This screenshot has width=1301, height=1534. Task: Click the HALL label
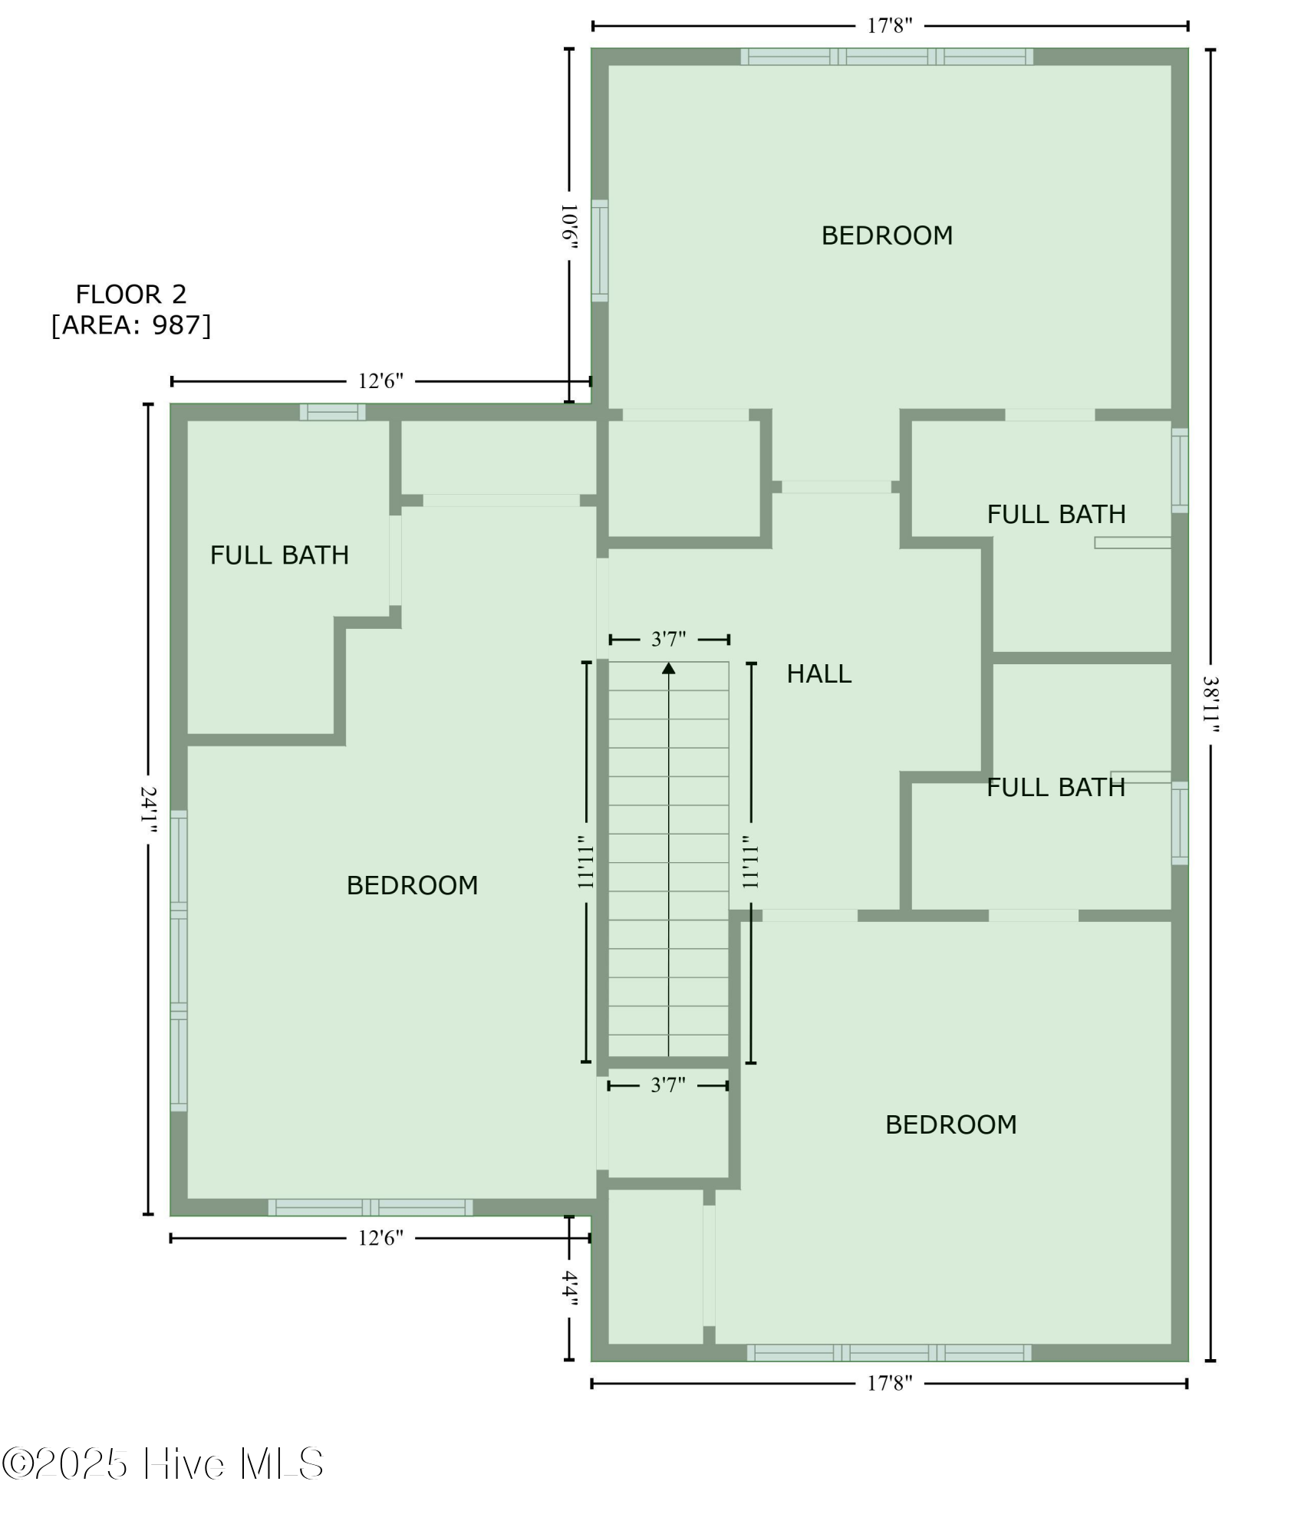tap(818, 674)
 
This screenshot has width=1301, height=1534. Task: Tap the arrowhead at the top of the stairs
tap(669, 667)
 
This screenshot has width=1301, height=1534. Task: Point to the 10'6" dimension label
tap(569, 226)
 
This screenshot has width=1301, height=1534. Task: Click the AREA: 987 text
tap(130, 325)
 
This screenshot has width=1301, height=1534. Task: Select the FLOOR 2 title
tap(130, 294)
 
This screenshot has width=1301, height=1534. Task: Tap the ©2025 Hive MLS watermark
tap(163, 1464)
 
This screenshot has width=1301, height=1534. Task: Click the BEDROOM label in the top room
tap(887, 235)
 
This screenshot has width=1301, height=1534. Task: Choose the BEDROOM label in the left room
tap(412, 885)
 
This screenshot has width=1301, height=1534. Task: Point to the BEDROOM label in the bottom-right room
tap(951, 1124)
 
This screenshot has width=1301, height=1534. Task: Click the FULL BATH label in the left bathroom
tap(279, 555)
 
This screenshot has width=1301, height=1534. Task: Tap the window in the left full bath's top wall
tap(332, 412)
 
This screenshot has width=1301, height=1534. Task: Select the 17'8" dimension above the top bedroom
tap(890, 26)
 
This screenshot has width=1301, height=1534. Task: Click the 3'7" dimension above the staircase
tap(669, 639)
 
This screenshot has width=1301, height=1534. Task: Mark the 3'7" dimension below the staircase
tap(668, 1085)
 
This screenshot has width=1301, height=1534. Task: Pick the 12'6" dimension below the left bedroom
tap(380, 1238)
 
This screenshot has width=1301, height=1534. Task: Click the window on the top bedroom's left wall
tap(600, 251)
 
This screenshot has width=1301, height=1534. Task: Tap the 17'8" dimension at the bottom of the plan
tap(890, 1384)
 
